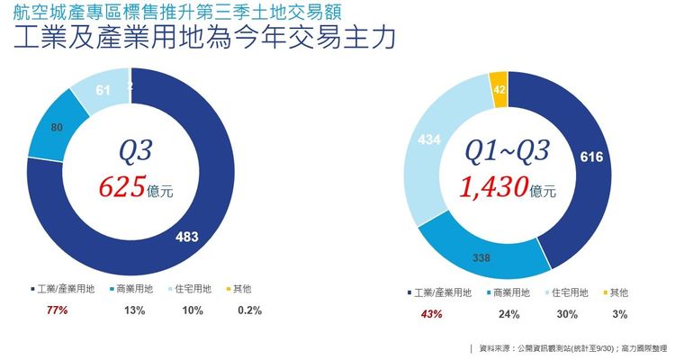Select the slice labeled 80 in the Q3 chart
pyautogui.click(x=56, y=128)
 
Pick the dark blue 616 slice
pyautogui.click(x=590, y=157)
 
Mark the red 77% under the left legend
pyautogui.click(x=56, y=311)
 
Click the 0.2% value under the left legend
pyautogui.click(x=248, y=311)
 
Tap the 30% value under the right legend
pyautogui.click(x=566, y=314)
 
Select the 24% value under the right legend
pyautogui.click(x=508, y=314)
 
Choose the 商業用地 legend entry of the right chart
pyautogui.click(x=510, y=292)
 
